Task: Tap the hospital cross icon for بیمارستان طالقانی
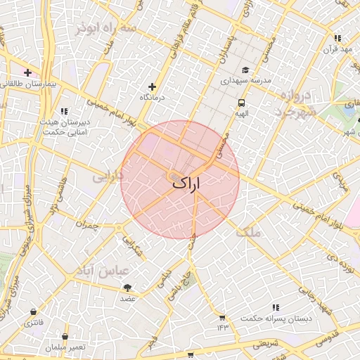27,72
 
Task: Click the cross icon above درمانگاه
152,86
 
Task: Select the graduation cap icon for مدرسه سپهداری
245,70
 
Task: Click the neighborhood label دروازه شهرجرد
296,103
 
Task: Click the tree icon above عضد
127,288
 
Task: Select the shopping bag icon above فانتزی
33,312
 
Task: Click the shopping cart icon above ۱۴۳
223,317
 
